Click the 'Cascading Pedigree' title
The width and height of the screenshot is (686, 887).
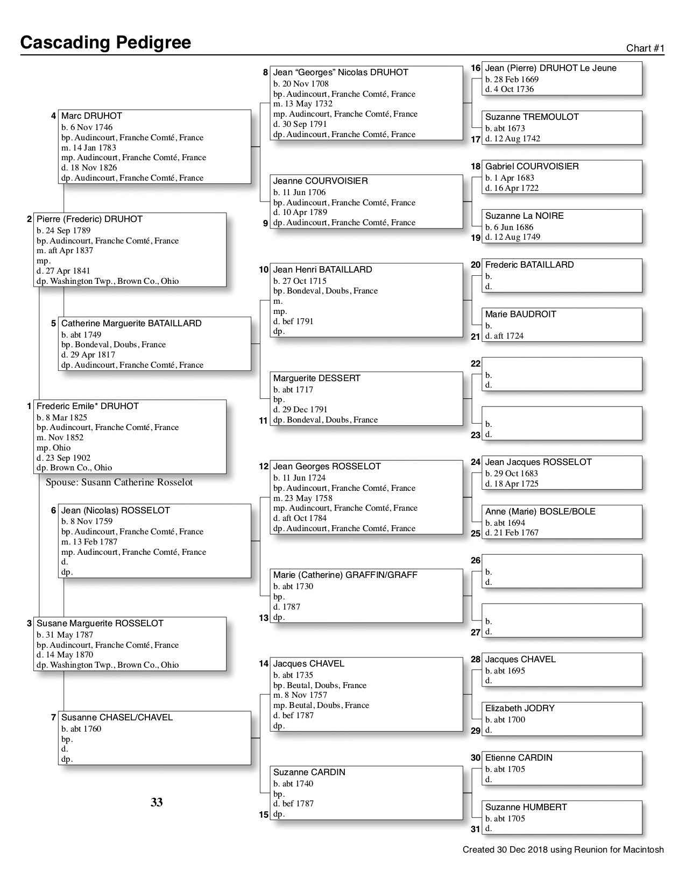pos(105,42)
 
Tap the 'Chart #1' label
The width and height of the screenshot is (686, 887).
pos(645,48)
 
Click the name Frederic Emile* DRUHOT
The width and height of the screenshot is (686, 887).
pos(88,406)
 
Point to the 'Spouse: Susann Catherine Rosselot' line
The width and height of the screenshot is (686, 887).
pos(119,482)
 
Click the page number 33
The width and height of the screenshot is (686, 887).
pos(157,803)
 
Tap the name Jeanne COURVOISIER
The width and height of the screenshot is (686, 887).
pos(320,181)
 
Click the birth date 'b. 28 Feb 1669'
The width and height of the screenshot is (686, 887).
pos(512,79)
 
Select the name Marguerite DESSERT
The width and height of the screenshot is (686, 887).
pos(316,378)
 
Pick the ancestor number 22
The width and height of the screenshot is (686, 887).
pos(476,364)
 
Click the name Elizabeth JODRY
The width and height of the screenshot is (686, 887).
pos(520,709)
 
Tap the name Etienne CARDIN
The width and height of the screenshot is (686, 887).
pos(519,758)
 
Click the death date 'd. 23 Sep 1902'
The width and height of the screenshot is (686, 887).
pos(63,458)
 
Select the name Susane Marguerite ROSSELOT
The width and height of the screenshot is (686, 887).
pos(100,624)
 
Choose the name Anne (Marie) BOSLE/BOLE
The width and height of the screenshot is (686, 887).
pos(540,511)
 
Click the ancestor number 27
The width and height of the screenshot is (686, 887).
pos(476,632)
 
